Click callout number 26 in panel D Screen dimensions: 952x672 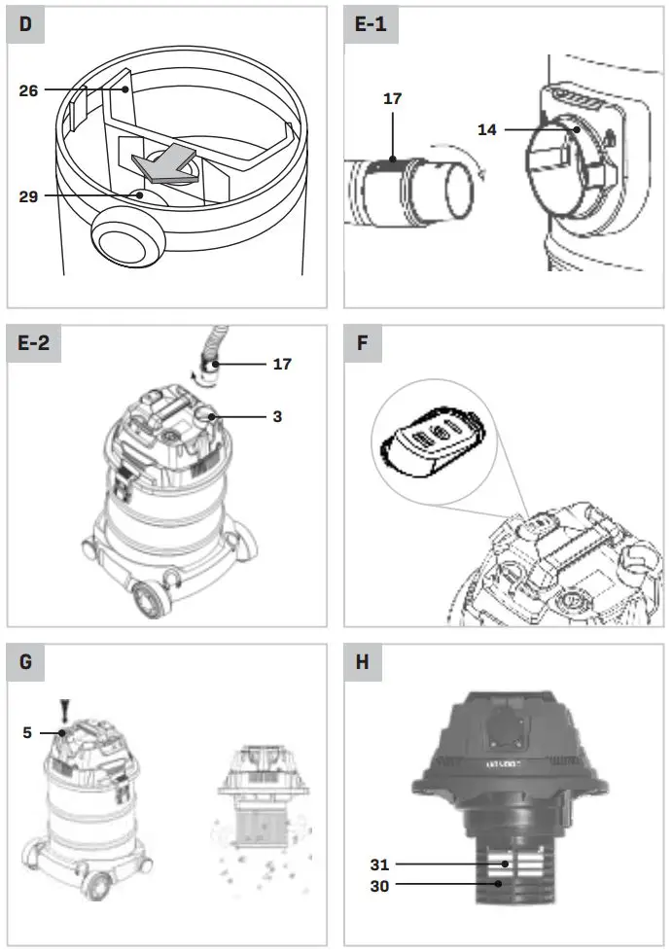click(x=29, y=91)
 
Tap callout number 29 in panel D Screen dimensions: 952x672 click(x=29, y=196)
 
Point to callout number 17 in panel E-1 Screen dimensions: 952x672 click(x=392, y=99)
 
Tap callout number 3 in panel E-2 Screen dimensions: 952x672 click(x=277, y=416)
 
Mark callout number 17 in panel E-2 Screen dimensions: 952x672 click(x=281, y=365)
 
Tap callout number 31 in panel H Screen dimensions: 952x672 click(x=380, y=864)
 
